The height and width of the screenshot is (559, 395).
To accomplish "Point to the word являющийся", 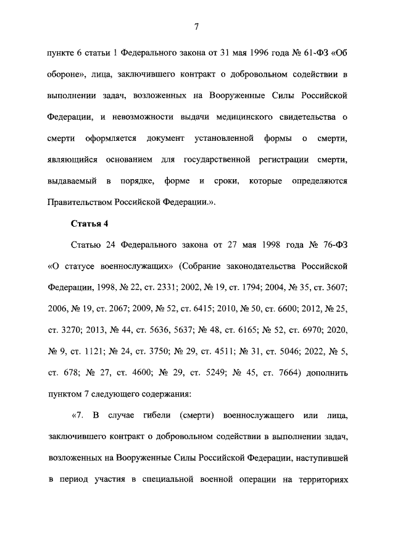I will [x=73, y=160].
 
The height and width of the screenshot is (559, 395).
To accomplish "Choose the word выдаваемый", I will [x=71, y=181].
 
